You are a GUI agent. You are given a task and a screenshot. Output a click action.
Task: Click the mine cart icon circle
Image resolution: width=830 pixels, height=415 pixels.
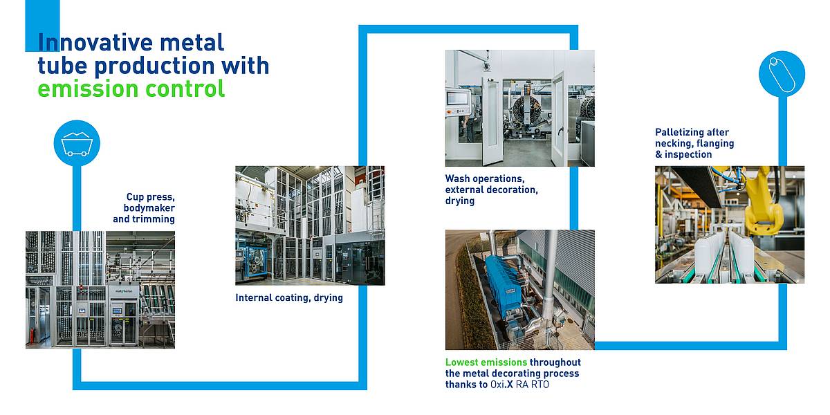pos(77,143)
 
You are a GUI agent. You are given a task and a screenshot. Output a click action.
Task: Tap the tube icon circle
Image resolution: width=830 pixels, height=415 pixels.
pos(782,74)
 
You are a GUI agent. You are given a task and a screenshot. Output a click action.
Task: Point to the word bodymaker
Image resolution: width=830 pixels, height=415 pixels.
pos(149,208)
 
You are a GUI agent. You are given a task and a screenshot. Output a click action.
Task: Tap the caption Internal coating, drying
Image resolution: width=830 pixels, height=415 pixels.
pos(289,298)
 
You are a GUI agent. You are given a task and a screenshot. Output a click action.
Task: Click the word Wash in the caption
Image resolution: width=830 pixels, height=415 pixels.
pos(458,178)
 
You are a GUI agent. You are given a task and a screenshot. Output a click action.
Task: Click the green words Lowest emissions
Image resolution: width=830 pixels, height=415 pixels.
pos(486,362)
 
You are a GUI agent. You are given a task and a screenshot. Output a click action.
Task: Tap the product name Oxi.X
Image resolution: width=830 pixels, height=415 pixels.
pos(501,385)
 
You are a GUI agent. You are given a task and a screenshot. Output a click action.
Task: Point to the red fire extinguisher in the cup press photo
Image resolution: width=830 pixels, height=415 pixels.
pos(35,335)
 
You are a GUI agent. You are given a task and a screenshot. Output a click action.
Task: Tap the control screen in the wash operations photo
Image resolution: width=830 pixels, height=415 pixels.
pos(455,98)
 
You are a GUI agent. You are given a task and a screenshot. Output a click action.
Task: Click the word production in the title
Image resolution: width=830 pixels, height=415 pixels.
pos(154,66)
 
